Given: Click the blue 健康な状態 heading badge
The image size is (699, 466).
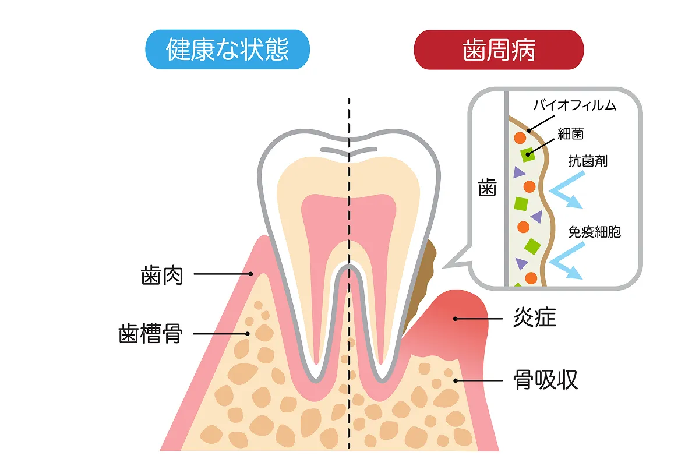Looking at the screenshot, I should pyautogui.click(x=227, y=50).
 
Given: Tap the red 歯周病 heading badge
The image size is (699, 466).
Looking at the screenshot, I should pyautogui.click(x=499, y=50).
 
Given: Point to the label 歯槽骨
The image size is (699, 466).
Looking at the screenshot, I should pyautogui.click(x=151, y=334).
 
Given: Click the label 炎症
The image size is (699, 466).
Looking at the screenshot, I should pyautogui.click(x=534, y=319).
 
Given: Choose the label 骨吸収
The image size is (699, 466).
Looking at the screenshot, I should pyautogui.click(x=545, y=380).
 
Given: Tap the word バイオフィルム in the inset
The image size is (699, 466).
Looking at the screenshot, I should pyautogui.click(x=574, y=106).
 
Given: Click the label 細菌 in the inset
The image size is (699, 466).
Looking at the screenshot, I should pyautogui.click(x=570, y=134).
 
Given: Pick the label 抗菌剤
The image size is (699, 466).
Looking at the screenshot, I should pyautogui.click(x=588, y=161).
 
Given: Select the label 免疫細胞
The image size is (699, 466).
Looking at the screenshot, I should pyautogui.click(x=595, y=232).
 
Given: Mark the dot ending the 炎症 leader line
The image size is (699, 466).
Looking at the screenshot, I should pyautogui.click(x=457, y=319).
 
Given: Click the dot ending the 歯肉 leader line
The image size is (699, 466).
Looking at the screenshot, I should pyautogui.click(x=250, y=274).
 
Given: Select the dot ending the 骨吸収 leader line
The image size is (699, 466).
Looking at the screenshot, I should pyautogui.click(x=456, y=380).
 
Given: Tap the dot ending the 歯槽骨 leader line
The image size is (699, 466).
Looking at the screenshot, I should pyautogui.click(x=248, y=334).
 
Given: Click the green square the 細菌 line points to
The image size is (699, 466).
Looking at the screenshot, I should pyautogui.click(x=528, y=154).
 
